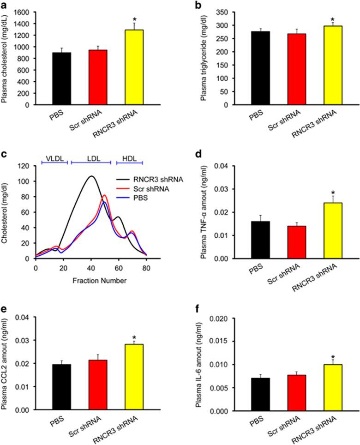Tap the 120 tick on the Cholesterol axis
[25, 166]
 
